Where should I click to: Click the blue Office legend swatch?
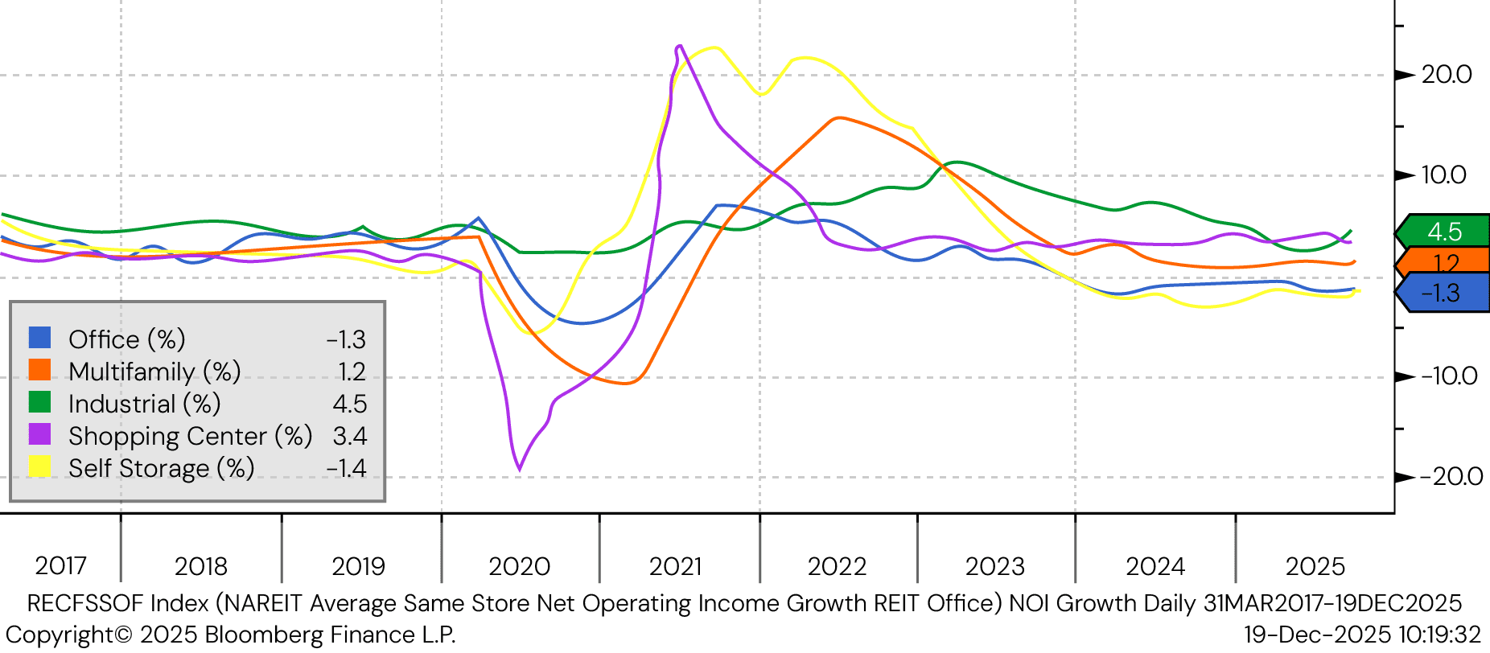(x=39, y=338)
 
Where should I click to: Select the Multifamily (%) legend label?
(x=154, y=372)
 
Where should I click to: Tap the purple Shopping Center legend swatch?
(x=39, y=434)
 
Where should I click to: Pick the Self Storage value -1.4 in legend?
(x=346, y=468)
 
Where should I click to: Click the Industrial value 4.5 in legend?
(x=349, y=404)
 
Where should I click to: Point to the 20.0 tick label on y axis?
(x=1446, y=75)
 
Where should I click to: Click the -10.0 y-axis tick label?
(x=1448, y=376)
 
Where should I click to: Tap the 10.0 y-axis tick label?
(x=1443, y=175)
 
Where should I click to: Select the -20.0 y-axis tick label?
(x=1451, y=477)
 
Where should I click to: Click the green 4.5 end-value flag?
(x=1443, y=232)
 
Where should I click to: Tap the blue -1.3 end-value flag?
(x=1443, y=293)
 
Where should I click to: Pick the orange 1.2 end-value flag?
(x=1445, y=262)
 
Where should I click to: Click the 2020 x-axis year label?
(x=519, y=566)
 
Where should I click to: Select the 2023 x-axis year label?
(x=994, y=566)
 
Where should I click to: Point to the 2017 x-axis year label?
(x=60, y=566)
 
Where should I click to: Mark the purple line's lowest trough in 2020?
(x=519, y=469)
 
